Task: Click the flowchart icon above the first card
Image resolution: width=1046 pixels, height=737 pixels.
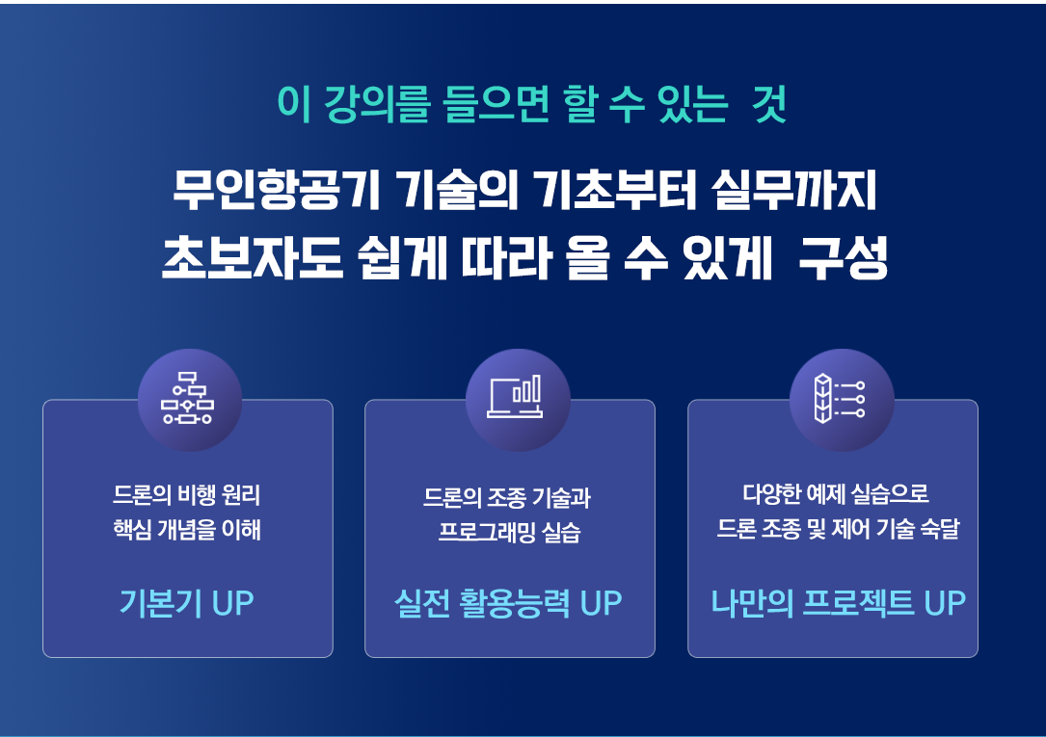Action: point(187,398)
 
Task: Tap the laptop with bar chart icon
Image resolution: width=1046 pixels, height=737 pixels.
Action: point(515,397)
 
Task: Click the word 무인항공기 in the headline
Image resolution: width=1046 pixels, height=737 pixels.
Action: point(276,191)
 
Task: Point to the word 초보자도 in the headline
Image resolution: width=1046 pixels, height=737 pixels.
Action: point(253,258)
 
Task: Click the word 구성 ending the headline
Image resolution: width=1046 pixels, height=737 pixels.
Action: point(844,258)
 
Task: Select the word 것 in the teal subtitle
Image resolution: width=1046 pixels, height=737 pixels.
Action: point(769,104)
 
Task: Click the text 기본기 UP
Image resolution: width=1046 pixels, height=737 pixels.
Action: point(187,602)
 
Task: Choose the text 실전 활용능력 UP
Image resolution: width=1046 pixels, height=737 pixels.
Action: point(508,602)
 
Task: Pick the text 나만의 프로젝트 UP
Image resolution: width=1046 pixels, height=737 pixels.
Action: point(838,602)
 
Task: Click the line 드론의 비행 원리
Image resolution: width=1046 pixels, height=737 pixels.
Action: point(187,494)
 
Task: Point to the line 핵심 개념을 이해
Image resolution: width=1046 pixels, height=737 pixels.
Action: point(187,530)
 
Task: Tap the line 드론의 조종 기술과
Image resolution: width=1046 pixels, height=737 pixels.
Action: point(507,497)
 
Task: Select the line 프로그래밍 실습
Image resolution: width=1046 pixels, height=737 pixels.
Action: point(510,532)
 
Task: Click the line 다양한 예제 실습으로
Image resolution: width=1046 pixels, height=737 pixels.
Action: point(836,494)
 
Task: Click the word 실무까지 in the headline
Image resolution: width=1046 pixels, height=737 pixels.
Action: point(793,191)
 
